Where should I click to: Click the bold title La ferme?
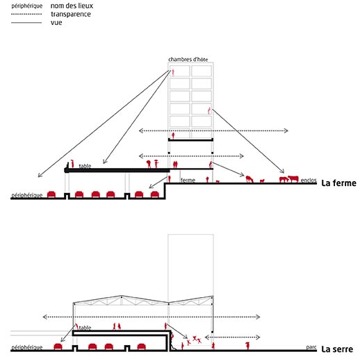[x=338, y=183]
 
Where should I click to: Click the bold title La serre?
[x=337, y=349]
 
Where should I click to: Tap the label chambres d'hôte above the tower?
[x=188, y=60]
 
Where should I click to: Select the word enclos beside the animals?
[x=309, y=180]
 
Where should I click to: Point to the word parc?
[x=311, y=347]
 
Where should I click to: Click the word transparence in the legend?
[x=71, y=14]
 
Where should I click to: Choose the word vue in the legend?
[x=56, y=23]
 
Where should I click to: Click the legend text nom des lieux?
[x=72, y=6]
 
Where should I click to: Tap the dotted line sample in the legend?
[x=26, y=14]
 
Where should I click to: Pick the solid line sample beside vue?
[x=26, y=23]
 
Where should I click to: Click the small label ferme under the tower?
[x=188, y=180]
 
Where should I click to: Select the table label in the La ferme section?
[x=85, y=166]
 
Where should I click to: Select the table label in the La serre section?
[x=85, y=328]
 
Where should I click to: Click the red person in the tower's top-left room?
[x=172, y=73]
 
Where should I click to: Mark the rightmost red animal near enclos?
[x=293, y=179]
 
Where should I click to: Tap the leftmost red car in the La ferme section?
[x=51, y=194]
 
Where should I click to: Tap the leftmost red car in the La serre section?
[x=58, y=346]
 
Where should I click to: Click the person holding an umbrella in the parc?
[x=247, y=346]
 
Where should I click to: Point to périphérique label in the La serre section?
[x=27, y=347]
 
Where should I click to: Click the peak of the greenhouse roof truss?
[x=121, y=296]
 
